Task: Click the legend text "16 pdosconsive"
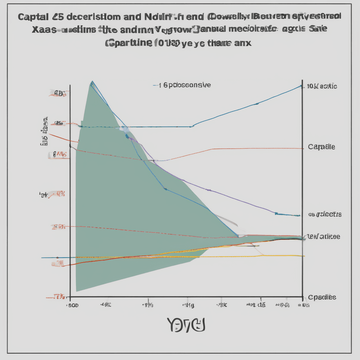186,85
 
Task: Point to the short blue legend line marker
156,85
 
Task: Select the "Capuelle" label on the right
321,147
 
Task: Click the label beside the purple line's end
325,214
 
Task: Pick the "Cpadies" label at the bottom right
322,297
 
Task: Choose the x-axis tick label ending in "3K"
223,305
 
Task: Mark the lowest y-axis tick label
58,297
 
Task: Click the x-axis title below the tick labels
186,325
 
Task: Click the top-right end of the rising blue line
301,86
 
